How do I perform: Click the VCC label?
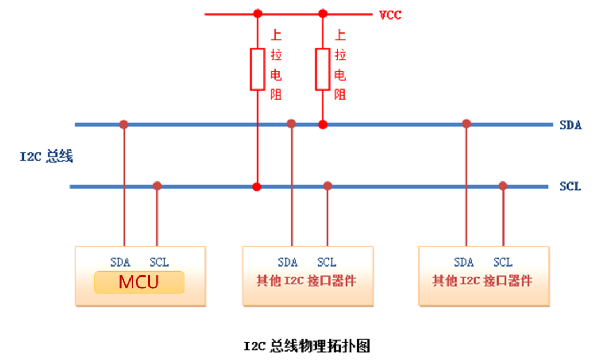point(390,15)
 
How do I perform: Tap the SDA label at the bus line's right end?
point(570,125)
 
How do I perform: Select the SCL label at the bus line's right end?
point(570,186)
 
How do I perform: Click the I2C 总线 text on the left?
point(46,156)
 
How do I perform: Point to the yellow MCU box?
point(139,282)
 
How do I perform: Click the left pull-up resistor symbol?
point(257,69)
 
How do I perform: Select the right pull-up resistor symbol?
point(322,69)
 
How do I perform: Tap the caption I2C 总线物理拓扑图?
point(307,345)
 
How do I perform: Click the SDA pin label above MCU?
point(120,262)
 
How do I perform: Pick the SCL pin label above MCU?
point(159,262)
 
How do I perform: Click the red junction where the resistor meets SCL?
point(257,186)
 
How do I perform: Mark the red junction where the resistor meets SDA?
point(322,124)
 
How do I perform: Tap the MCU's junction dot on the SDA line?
point(124,124)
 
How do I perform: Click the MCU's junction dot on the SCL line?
point(157,185)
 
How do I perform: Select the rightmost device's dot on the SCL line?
point(502,185)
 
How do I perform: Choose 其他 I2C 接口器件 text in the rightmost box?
point(482,280)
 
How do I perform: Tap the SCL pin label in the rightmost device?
point(502,262)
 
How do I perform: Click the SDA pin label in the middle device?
point(288,262)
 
